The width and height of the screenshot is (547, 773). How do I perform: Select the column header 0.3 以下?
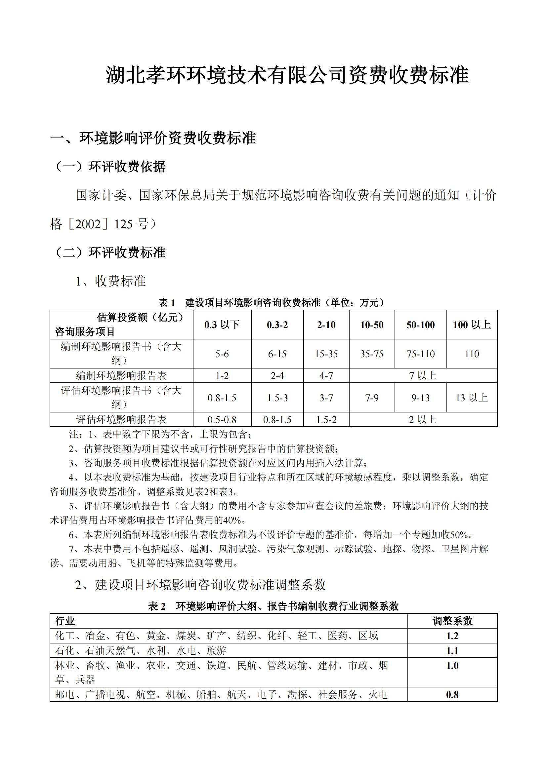pos(222,325)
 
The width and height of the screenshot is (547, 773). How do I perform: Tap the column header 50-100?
pos(420,325)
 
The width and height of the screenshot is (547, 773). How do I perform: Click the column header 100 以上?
pos(472,325)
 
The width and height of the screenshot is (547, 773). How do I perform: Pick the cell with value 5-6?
pos(222,354)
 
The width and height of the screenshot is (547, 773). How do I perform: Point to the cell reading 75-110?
pos(420,354)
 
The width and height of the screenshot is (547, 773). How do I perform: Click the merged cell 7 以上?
pos(423,376)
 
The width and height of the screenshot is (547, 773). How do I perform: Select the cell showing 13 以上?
pos(472,398)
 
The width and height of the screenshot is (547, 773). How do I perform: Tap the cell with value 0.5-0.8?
pos(222,420)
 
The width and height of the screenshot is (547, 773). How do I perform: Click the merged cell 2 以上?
pos(423,420)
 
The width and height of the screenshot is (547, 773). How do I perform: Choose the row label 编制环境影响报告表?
pos(121,376)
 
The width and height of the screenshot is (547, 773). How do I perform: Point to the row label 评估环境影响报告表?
pos(121,420)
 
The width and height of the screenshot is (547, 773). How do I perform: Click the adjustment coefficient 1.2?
pos(452,636)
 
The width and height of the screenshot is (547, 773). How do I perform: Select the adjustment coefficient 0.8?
pos(452,695)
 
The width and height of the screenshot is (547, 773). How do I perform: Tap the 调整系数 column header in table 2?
pos(452,621)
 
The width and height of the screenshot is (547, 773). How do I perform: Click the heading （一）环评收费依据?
pos(110,167)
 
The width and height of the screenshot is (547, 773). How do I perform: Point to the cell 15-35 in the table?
pos(326,354)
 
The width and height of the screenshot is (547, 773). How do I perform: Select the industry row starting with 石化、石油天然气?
pos(141,650)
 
